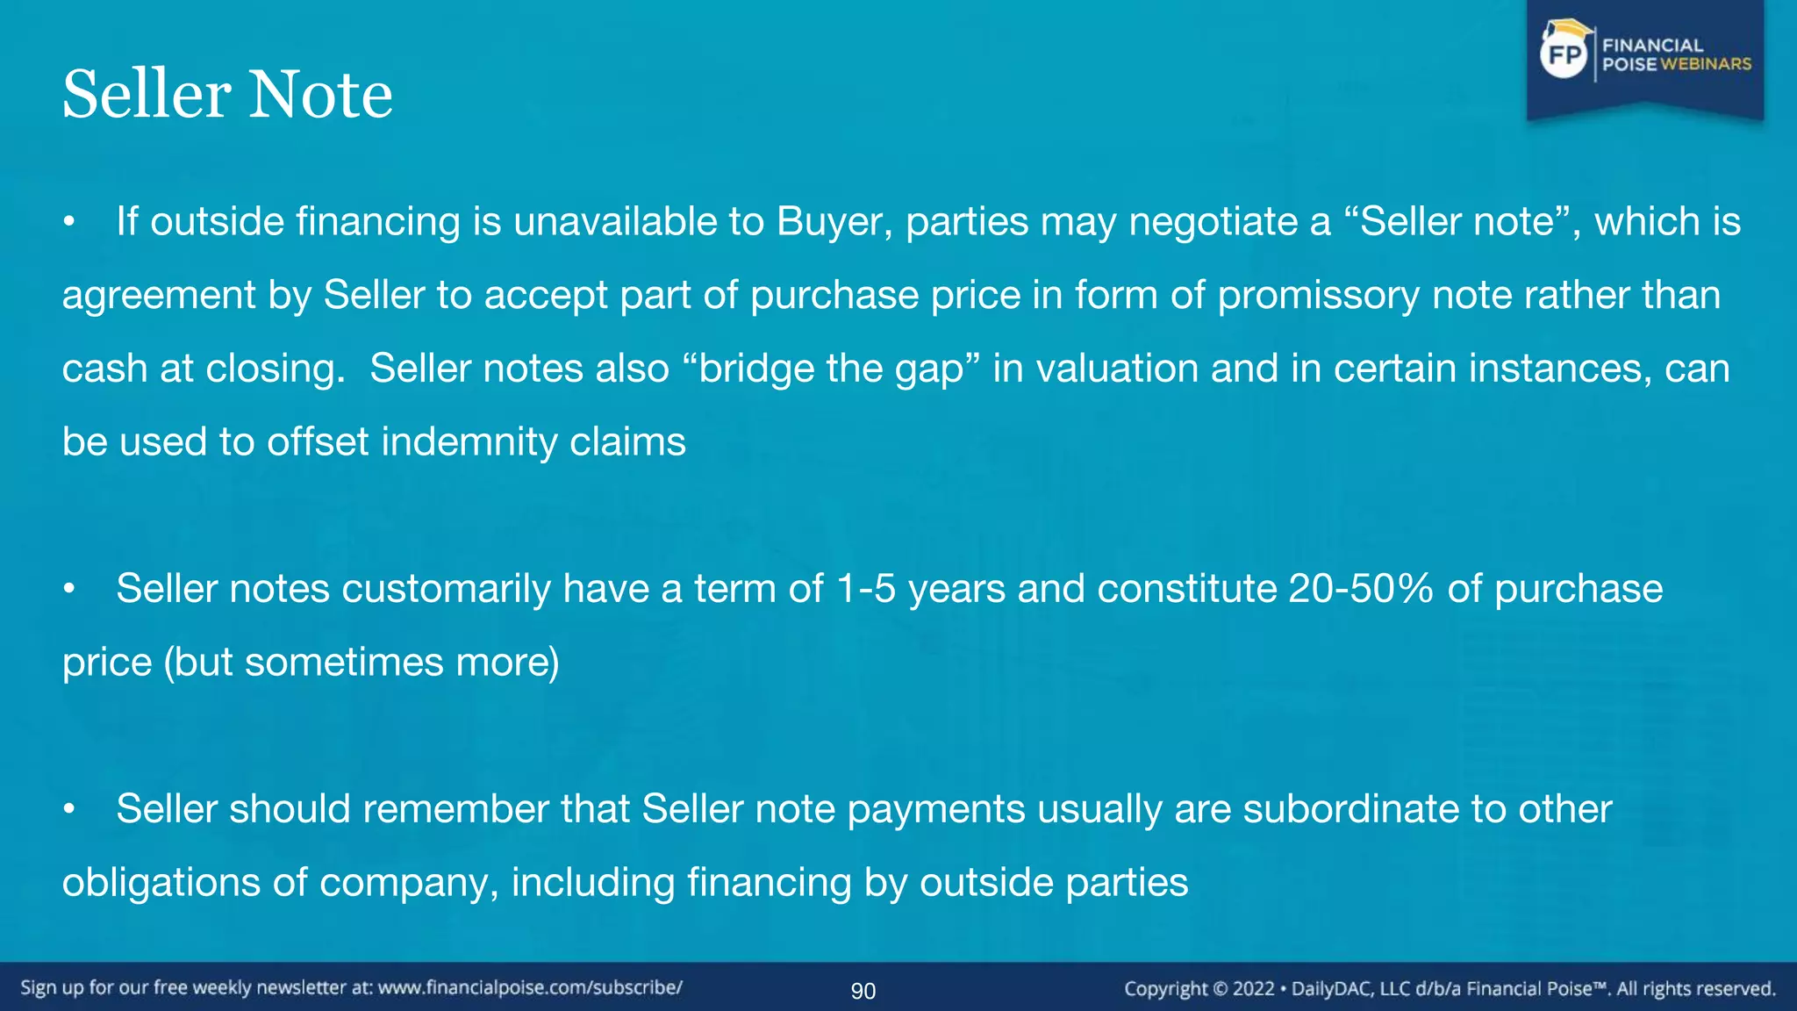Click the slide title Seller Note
click(x=227, y=94)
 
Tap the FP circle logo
click(x=1564, y=55)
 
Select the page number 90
click(x=863, y=991)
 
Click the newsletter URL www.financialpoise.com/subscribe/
click(x=530, y=987)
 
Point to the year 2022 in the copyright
click(x=1253, y=989)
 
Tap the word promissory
click(x=1318, y=295)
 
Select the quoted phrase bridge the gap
click(x=830, y=369)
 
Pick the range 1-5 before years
click(x=866, y=589)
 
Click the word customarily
click(x=446, y=589)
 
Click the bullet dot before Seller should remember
click(x=69, y=810)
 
